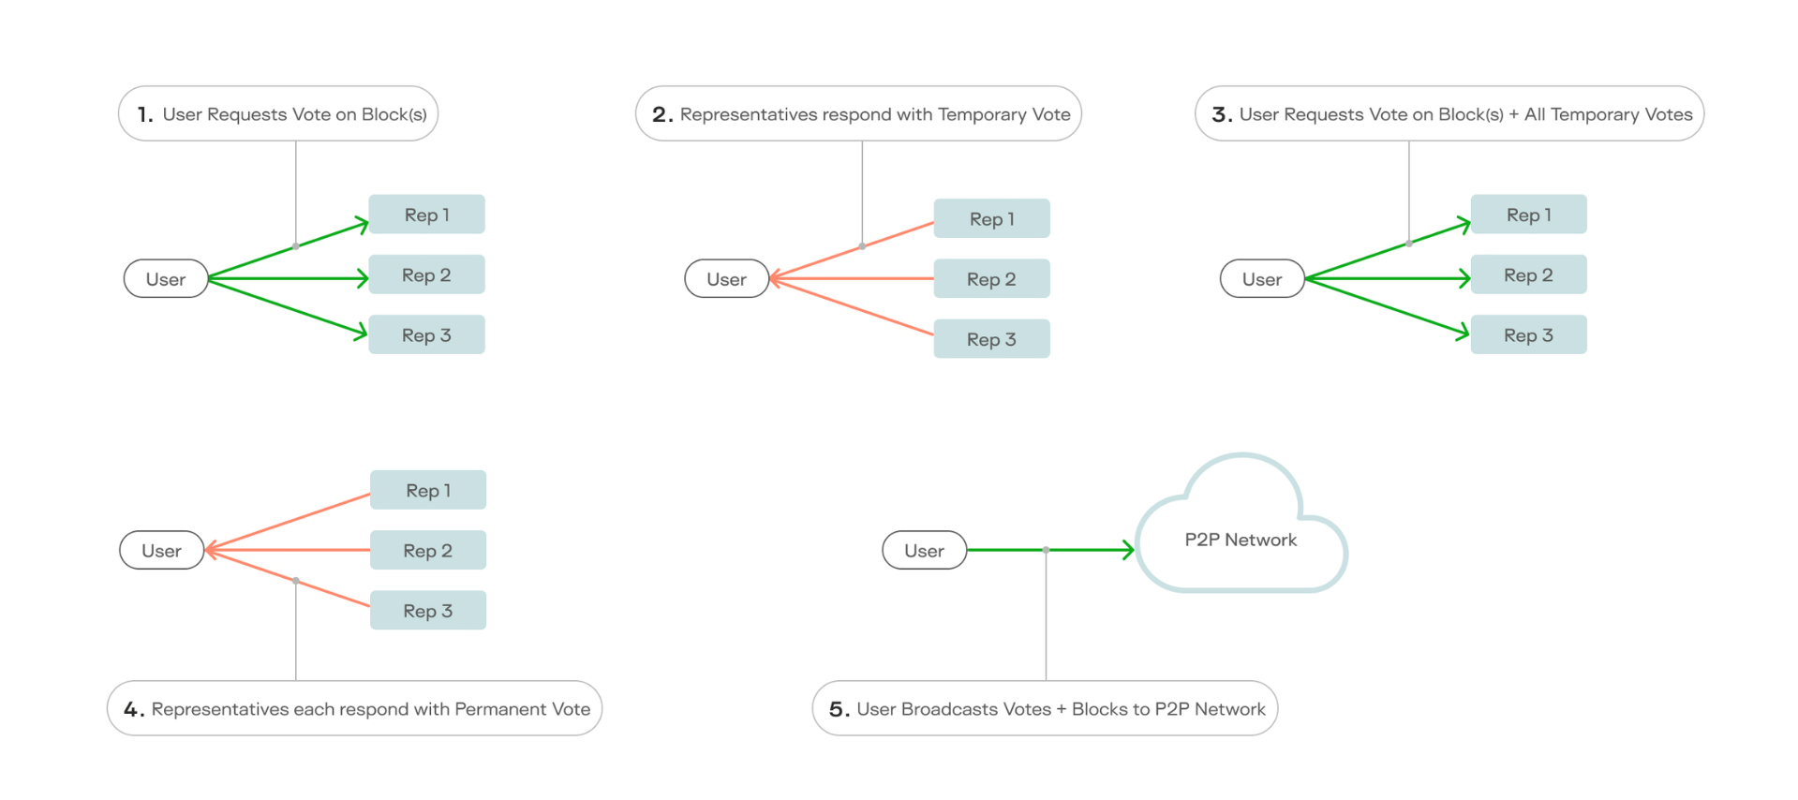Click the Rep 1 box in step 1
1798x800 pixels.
tap(426, 215)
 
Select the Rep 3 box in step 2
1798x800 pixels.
tap(991, 339)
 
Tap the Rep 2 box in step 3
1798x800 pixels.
tap(1528, 274)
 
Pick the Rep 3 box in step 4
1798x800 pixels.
tap(427, 611)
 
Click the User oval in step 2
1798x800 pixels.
tap(726, 279)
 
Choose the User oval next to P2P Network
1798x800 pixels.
tap(924, 551)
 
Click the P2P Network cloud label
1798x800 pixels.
tap(1241, 540)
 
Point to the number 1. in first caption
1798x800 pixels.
tap(144, 114)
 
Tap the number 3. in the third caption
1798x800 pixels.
tap(1221, 114)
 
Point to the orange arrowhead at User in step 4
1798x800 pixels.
tap(211, 550)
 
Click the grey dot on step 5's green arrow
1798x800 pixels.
tap(1046, 550)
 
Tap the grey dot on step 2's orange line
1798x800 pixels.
tap(862, 246)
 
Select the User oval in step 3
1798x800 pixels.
tap(1261, 279)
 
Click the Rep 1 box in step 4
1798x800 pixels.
tap(427, 490)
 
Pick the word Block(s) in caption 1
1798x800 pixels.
tap(394, 114)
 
